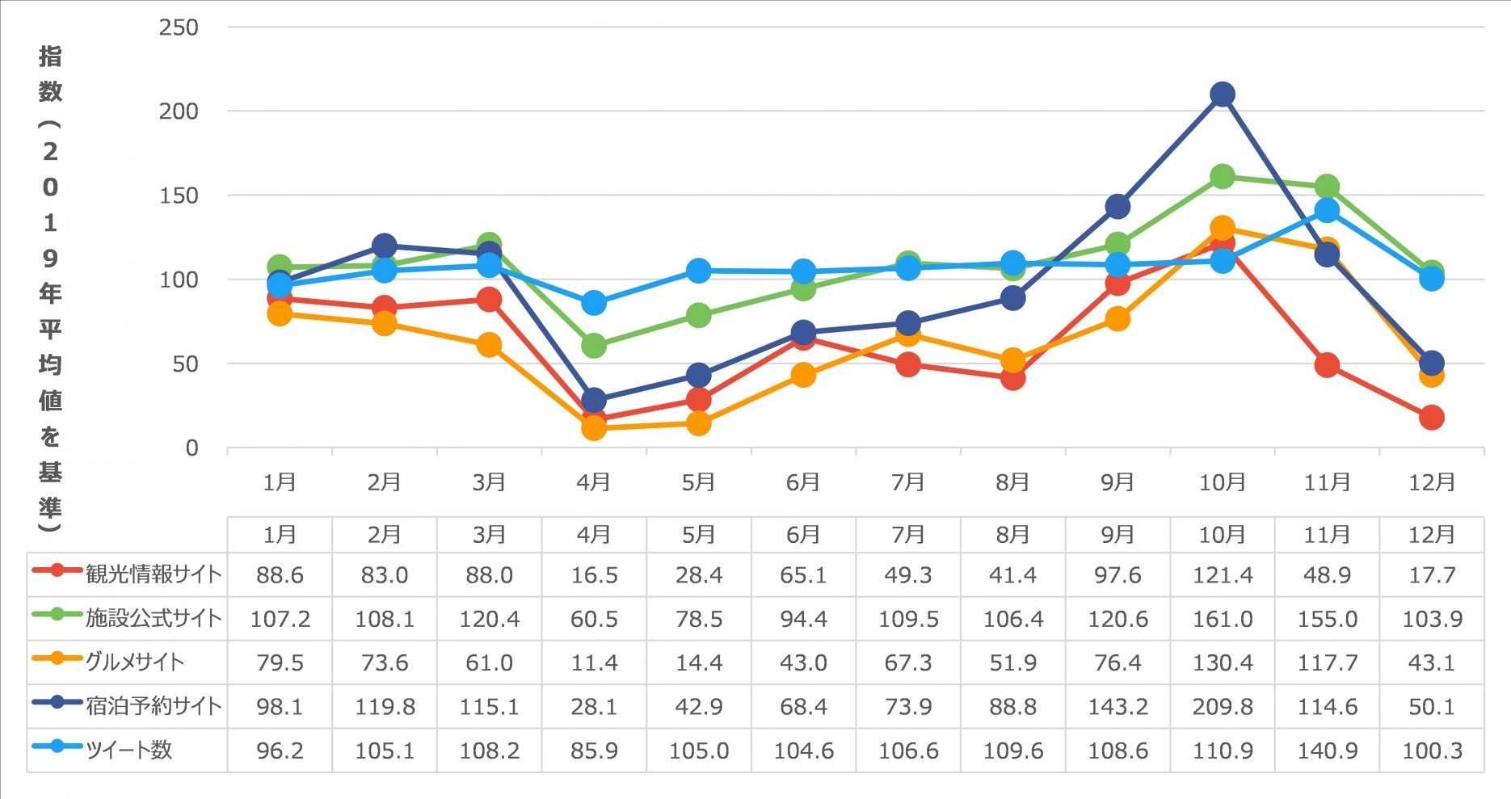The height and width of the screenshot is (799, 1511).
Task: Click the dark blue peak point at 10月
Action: coord(1222,95)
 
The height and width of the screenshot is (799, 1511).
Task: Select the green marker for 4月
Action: coord(594,346)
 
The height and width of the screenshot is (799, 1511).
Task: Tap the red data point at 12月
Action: coord(1431,418)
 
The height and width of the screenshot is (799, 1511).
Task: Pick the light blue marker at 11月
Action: coord(1327,211)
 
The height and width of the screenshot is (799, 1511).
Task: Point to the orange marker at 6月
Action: coord(803,375)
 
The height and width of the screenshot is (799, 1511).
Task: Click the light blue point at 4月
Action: coord(594,303)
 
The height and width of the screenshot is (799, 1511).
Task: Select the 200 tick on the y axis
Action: coord(179,111)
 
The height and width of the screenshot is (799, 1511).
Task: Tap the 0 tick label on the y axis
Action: coord(191,448)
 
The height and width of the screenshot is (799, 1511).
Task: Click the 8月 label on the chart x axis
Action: coord(1012,482)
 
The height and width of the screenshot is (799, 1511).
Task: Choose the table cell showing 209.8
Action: coord(1222,707)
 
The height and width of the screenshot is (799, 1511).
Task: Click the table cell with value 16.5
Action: coord(594,575)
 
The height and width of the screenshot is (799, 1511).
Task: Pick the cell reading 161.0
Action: coord(1222,619)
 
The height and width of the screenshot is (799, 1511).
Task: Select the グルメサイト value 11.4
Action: coord(594,663)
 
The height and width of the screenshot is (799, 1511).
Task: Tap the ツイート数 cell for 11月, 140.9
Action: coord(1327,751)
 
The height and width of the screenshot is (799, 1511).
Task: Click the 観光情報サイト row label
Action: coord(154,574)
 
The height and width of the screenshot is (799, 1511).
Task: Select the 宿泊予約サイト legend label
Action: coord(154,706)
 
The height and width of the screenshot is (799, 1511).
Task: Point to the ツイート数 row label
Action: coord(129,750)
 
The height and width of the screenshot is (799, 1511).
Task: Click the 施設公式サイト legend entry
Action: coord(154,618)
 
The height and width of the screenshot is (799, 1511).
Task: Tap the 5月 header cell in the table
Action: coord(698,535)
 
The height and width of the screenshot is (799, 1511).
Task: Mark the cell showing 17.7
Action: coord(1431,575)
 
